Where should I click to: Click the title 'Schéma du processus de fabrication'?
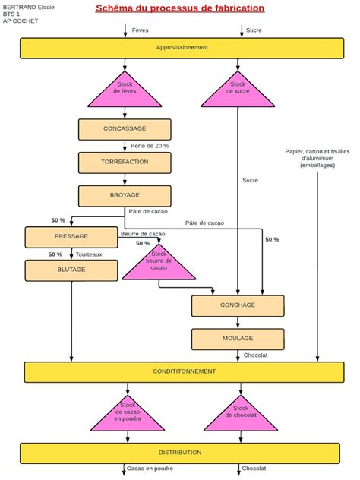click(179, 8)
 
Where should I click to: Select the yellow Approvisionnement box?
click(182, 47)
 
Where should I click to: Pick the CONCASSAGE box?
click(125, 129)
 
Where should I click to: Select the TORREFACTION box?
click(125, 163)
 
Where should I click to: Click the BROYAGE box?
click(125, 196)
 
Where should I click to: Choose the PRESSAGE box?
click(71, 237)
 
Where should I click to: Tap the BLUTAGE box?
click(71, 270)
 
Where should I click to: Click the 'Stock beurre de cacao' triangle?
click(159, 263)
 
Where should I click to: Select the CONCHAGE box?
click(238, 305)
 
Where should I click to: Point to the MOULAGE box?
click(238, 339)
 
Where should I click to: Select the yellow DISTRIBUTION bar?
click(180, 453)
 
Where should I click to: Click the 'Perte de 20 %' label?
click(150, 145)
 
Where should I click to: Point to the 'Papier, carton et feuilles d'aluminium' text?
click(317, 158)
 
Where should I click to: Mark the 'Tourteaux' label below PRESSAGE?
click(89, 254)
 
